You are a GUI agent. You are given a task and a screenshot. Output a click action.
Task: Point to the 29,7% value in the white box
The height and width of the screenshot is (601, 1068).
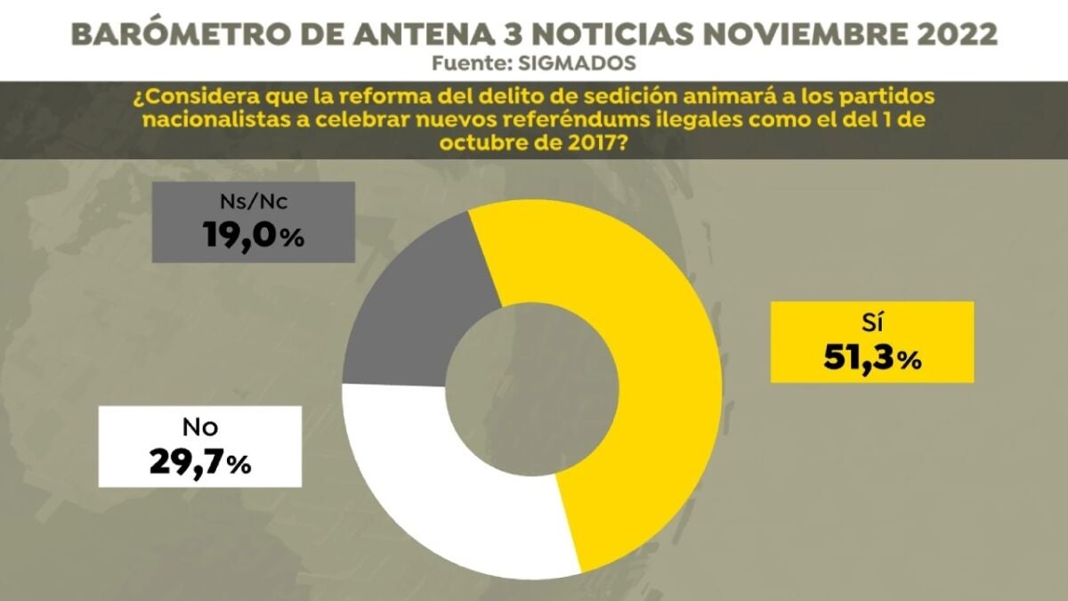[x=198, y=462]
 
